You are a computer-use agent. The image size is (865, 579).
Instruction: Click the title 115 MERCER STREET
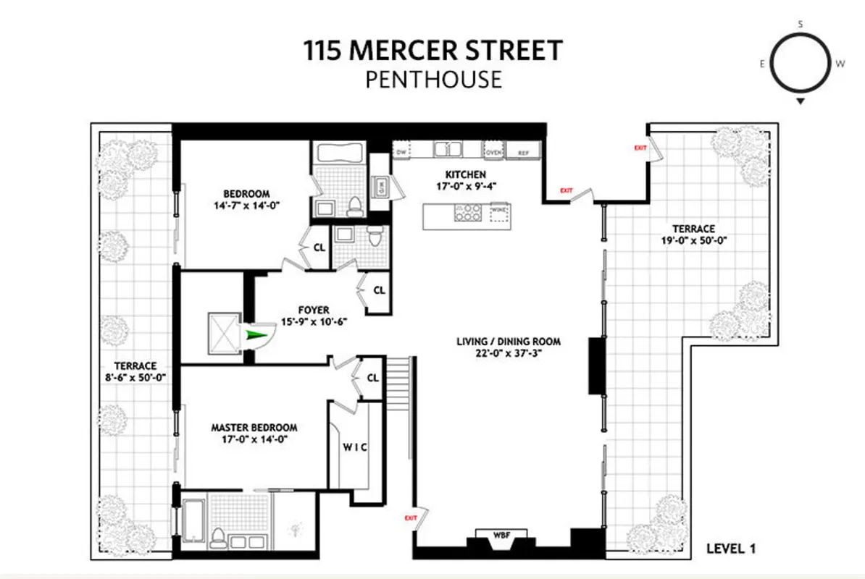[x=432, y=51]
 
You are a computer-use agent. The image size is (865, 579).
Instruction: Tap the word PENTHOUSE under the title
[x=432, y=78]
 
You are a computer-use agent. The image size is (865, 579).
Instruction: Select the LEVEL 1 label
[x=731, y=549]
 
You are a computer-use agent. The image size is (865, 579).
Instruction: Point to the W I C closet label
[x=354, y=447]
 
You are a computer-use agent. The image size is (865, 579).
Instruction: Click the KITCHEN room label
[x=465, y=174]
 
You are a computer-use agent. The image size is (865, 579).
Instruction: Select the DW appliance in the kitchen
[x=401, y=151]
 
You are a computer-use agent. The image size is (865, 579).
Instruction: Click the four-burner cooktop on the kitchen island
[x=467, y=213]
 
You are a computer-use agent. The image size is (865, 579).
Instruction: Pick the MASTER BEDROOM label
[x=254, y=428]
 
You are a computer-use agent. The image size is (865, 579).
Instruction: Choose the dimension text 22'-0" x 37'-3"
[x=508, y=353]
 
